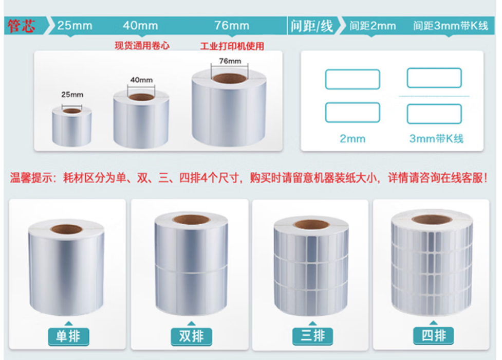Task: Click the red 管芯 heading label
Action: tap(22, 26)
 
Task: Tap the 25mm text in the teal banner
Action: tap(75, 26)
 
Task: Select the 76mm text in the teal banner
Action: tap(232, 26)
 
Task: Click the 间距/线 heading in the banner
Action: tap(312, 26)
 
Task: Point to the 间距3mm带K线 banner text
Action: tap(451, 26)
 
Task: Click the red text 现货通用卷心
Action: tap(142, 46)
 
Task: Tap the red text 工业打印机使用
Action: tap(232, 46)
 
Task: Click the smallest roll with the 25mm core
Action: tap(72, 126)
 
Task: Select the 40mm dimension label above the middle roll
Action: tap(141, 80)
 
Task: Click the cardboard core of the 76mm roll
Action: tap(230, 78)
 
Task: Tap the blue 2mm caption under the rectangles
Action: tap(352, 139)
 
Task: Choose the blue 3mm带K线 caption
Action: tap(436, 139)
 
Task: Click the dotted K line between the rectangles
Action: tap(434, 96)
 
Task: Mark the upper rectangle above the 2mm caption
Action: tap(352, 69)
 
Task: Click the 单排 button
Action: tap(68, 336)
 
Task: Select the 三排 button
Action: tap(313, 336)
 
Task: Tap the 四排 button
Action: tap(434, 336)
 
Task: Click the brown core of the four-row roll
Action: tap(432, 220)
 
